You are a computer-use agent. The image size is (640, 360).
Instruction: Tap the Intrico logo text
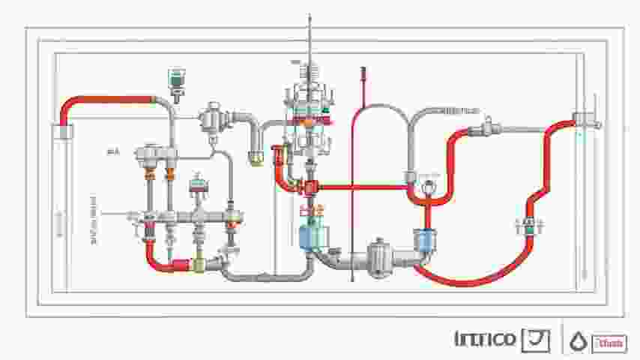[x=486, y=339]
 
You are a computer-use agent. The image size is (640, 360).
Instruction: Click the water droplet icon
[x=576, y=341]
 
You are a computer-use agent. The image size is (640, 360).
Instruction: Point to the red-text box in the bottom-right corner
[x=608, y=343]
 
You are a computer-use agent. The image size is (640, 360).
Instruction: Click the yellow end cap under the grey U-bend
[x=256, y=159]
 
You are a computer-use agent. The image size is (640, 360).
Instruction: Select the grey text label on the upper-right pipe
[x=459, y=111]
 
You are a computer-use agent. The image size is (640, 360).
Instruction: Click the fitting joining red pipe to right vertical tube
[x=585, y=120]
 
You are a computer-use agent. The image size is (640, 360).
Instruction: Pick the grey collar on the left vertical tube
[x=64, y=132]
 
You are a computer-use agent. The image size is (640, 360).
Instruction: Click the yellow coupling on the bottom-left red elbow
[x=199, y=265]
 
